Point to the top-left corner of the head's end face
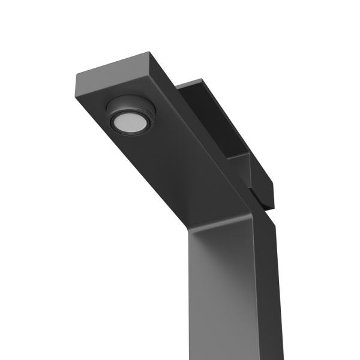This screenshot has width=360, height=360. pyautogui.click(x=76, y=74)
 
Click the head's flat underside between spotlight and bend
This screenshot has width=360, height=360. pyautogui.click(x=174, y=168)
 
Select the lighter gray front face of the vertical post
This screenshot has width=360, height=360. pyautogui.click(x=222, y=288)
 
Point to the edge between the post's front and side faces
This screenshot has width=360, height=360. pyautogui.click(x=256, y=288)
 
